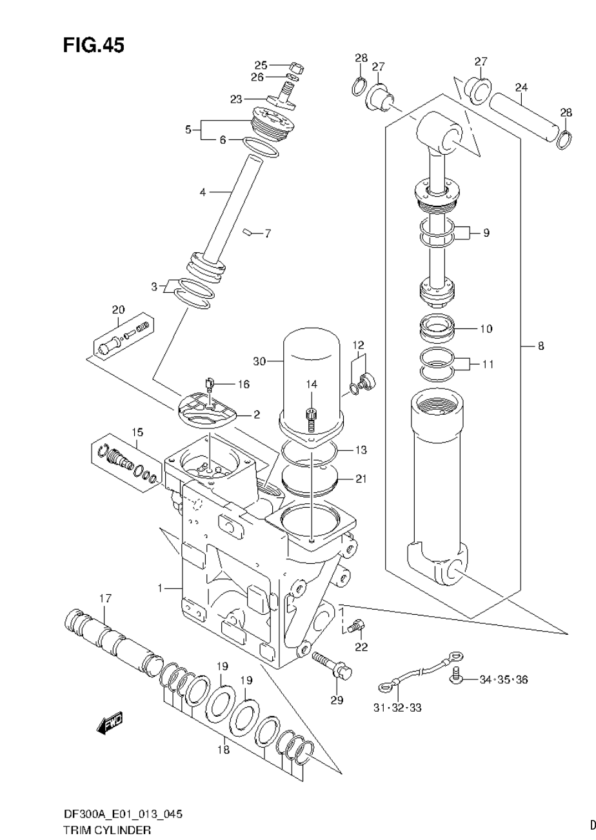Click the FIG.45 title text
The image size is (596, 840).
[x=94, y=45]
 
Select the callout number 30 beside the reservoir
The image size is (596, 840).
[x=259, y=362]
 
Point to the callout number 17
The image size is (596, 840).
[x=105, y=599]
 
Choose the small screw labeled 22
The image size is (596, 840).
[x=357, y=625]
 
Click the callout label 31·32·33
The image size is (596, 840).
[x=397, y=708]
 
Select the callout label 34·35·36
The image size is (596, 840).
[x=503, y=679]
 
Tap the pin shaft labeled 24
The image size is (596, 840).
[x=522, y=115]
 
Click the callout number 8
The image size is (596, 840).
[x=541, y=346]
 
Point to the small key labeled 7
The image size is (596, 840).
[x=248, y=232]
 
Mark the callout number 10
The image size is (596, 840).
[x=486, y=328]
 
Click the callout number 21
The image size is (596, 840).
[x=360, y=479]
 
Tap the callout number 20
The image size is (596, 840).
[x=118, y=310]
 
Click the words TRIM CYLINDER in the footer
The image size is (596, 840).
[x=107, y=830]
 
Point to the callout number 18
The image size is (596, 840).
[x=223, y=750]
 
